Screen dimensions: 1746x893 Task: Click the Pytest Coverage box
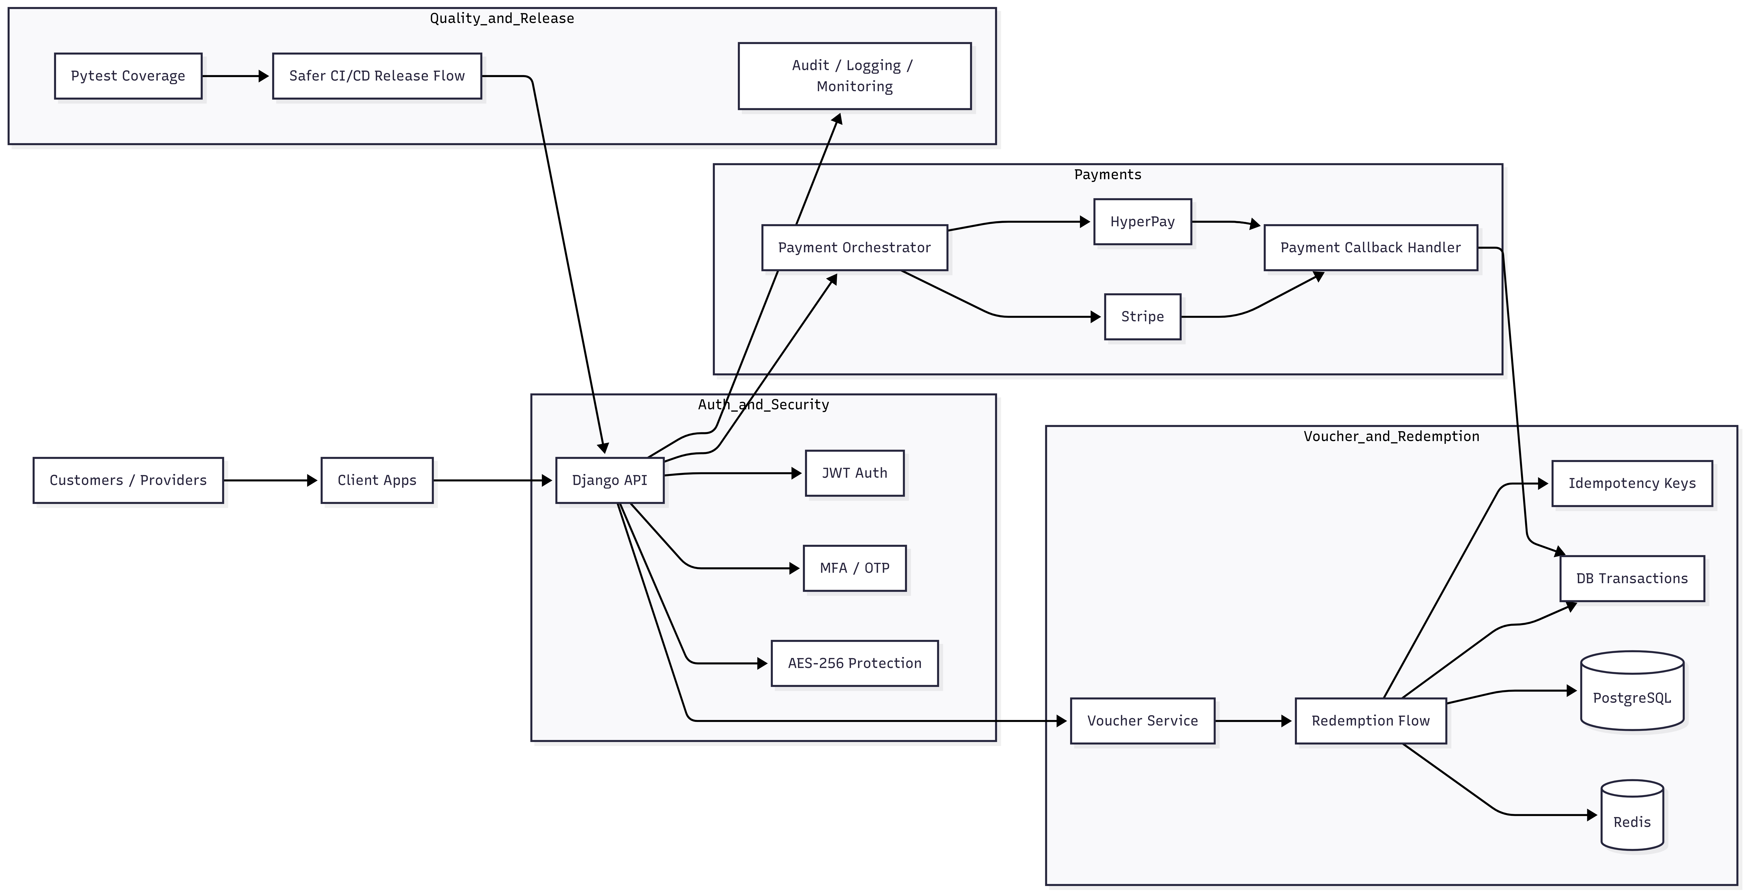[x=128, y=76]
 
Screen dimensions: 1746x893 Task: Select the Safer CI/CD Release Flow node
[x=377, y=76]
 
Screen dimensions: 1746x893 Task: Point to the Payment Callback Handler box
[x=1370, y=247]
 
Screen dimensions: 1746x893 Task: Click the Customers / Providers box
[x=128, y=480]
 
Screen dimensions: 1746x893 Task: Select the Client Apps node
[x=377, y=480]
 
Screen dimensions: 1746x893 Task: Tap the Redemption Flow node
[x=1370, y=721]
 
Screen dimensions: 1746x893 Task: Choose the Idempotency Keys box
[x=1632, y=483]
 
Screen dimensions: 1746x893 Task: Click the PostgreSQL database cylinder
[x=1632, y=690]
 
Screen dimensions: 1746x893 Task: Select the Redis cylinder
[x=1632, y=814]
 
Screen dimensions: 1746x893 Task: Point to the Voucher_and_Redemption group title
[x=1392, y=436]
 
